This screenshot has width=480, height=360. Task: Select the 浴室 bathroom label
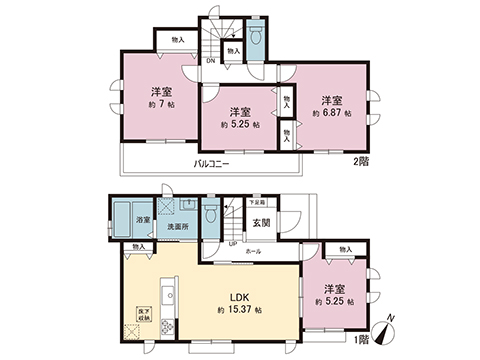click(143, 221)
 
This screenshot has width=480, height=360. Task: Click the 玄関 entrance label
click(259, 223)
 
